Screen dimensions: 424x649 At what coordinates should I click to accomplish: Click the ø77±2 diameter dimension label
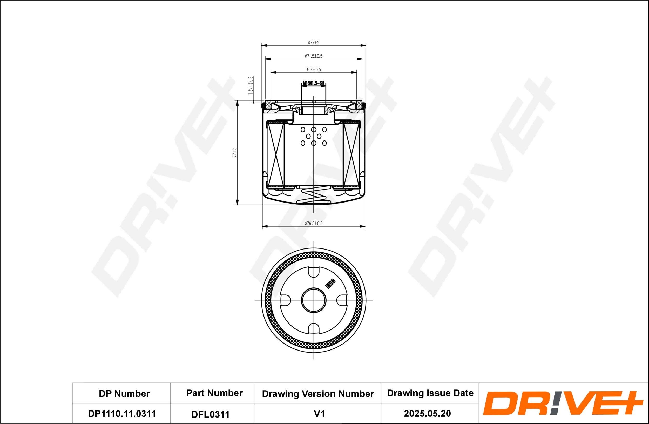(x=313, y=43)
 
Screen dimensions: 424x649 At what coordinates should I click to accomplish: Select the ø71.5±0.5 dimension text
(x=313, y=56)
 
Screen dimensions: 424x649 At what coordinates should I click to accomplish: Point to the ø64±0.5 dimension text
(x=313, y=70)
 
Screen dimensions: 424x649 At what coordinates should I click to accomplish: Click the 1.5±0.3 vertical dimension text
(x=251, y=86)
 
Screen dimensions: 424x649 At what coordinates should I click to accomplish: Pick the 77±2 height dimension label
(x=234, y=153)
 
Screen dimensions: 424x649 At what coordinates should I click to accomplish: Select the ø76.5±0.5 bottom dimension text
(x=313, y=223)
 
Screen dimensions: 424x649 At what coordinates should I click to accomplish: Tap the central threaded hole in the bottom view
(x=314, y=300)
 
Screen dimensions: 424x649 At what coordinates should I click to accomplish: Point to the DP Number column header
(x=124, y=394)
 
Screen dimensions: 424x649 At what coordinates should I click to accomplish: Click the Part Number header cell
(x=214, y=393)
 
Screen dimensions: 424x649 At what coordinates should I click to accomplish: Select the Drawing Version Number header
(x=318, y=394)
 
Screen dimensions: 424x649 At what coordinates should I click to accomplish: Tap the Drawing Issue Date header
(x=430, y=393)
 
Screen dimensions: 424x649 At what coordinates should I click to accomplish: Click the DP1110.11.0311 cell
(x=122, y=414)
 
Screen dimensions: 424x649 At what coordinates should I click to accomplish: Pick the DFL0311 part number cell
(x=210, y=414)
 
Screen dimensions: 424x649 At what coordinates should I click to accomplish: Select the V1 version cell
(x=319, y=414)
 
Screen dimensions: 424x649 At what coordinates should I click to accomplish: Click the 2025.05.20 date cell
(x=427, y=414)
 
